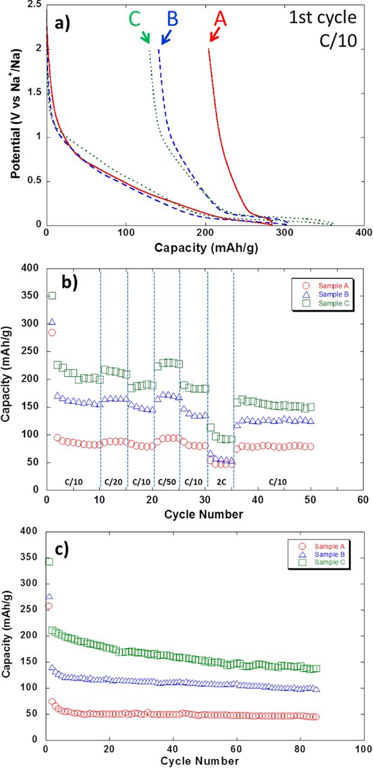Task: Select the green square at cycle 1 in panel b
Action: coord(52,295)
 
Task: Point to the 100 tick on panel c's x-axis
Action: coord(362,748)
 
